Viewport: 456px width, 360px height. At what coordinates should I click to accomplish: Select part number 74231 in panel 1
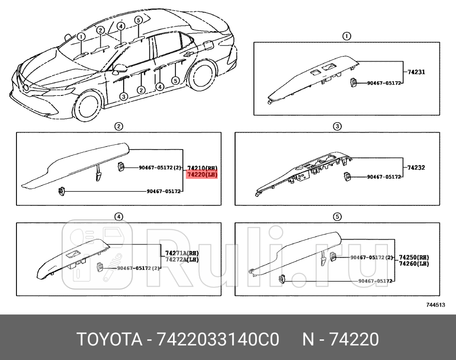[x=416, y=72]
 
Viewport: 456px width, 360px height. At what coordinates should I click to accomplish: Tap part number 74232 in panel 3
[x=416, y=167]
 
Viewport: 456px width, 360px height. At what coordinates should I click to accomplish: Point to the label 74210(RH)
[x=202, y=168]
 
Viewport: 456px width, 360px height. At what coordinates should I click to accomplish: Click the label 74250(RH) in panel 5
[x=414, y=258]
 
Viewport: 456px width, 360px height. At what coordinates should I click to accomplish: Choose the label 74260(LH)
[x=414, y=264]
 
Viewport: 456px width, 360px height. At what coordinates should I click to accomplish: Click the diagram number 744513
[x=435, y=305]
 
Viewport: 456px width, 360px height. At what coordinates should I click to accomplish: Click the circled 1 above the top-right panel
[x=346, y=36]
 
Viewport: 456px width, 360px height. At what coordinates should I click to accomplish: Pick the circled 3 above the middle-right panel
[x=337, y=126]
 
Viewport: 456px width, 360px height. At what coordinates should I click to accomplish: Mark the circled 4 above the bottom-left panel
[x=119, y=217]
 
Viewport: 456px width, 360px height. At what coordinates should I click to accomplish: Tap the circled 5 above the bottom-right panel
[x=337, y=217]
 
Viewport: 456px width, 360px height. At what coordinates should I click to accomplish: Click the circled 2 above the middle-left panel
[x=119, y=126]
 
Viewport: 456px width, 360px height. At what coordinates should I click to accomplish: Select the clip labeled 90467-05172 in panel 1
[x=353, y=83]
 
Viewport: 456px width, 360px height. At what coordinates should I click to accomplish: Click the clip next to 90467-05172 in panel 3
[x=347, y=177]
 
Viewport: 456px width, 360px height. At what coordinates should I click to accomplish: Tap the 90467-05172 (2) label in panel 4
[x=139, y=268]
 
